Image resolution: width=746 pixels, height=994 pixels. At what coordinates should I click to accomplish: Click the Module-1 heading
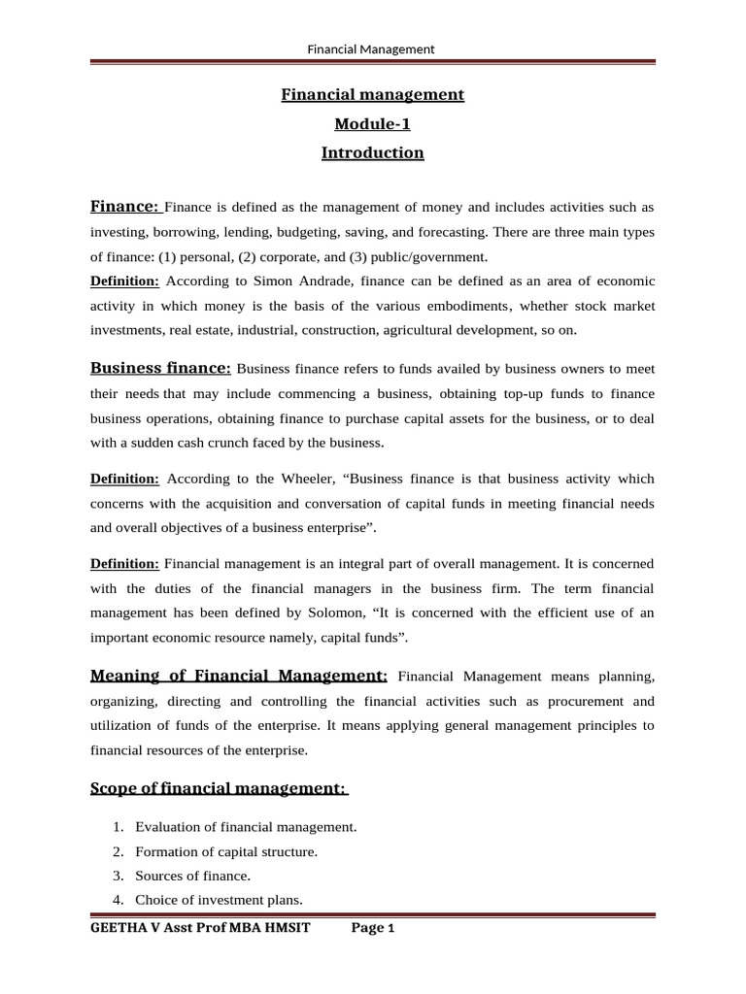pos(372,124)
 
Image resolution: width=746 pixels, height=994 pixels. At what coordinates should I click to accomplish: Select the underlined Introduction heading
pos(372,153)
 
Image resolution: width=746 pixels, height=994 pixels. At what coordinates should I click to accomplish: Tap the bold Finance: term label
pos(125,207)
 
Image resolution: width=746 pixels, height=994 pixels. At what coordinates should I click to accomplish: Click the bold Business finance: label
pos(160,368)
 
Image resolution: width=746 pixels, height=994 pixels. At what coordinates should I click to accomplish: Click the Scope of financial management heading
pos(219,788)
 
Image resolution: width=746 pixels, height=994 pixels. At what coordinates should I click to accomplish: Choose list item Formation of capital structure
pos(226,851)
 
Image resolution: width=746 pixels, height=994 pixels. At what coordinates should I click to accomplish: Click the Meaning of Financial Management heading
pos(239,676)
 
